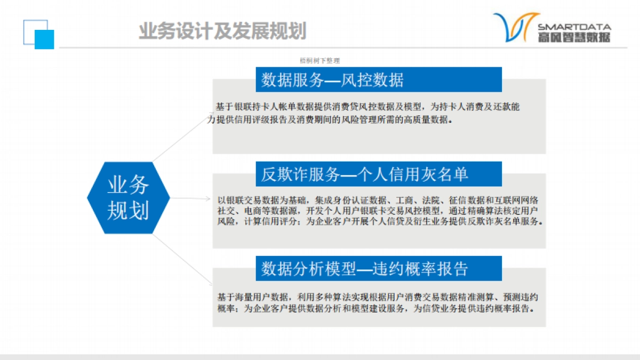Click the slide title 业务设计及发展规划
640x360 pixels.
click(x=222, y=31)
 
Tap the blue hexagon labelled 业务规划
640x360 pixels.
click(x=128, y=197)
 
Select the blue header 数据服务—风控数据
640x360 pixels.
click(x=379, y=79)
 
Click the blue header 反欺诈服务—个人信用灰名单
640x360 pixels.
click(x=379, y=174)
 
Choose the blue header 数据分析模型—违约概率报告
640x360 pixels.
click(x=379, y=268)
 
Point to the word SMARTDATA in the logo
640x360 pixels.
click(x=574, y=27)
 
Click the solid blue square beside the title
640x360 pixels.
click(x=44, y=39)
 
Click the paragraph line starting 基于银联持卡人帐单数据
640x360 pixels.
click(x=367, y=107)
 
